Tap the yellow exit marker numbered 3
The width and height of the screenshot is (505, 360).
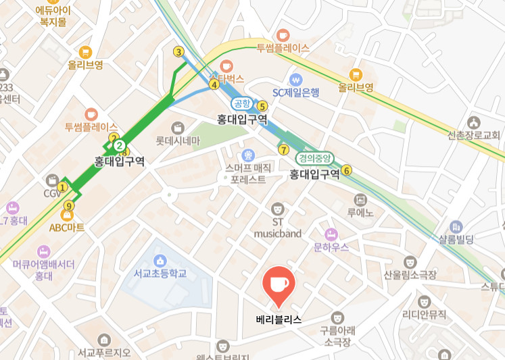(178, 52)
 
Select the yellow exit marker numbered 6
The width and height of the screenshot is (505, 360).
(347, 170)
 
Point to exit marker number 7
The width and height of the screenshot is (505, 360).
(283, 149)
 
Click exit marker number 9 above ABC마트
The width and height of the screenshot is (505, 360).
(68, 205)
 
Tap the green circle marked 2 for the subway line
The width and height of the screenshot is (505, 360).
(119, 145)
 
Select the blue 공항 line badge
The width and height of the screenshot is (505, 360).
(241, 103)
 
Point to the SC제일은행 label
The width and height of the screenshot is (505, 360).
(295, 93)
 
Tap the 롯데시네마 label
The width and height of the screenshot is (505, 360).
(178, 141)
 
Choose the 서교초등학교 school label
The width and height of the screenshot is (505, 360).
(160, 274)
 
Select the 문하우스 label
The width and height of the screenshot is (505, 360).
(331, 247)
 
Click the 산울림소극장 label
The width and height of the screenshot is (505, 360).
(410, 275)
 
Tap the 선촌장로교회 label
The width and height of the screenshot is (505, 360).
(473, 134)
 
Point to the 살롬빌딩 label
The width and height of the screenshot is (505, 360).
(456, 239)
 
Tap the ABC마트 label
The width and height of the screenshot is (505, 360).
(67, 228)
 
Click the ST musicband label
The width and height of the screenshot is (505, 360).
(277, 228)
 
